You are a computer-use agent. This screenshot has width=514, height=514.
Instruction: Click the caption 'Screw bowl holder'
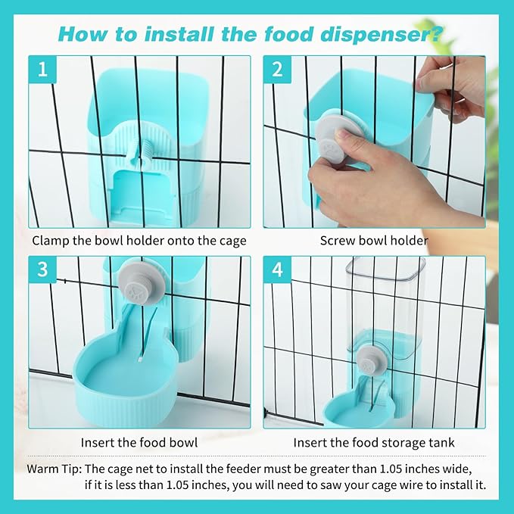(374, 241)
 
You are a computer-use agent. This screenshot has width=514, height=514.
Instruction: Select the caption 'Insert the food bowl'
(139, 442)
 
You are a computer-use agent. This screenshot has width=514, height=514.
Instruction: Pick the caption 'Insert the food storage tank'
(374, 442)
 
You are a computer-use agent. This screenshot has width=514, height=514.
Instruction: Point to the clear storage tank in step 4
(385, 299)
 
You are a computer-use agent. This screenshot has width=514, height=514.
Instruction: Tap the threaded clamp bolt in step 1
(139, 151)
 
